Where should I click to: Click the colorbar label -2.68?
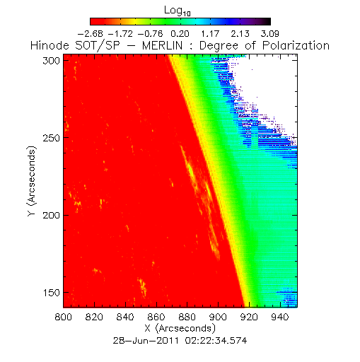pyautogui.click(x=91, y=34)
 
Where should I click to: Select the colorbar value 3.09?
pyautogui.click(x=270, y=34)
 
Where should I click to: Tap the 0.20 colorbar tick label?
pyautogui.click(x=180, y=34)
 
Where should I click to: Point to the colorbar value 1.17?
pyautogui.click(x=210, y=34)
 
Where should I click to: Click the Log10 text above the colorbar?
pyautogui.click(x=178, y=11)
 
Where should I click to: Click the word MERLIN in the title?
pyautogui.click(x=163, y=45)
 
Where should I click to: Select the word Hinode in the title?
pyautogui.click(x=50, y=45)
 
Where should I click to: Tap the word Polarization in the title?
pyautogui.click(x=296, y=45)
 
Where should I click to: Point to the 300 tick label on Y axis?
pyautogui.click(x=51, y=61)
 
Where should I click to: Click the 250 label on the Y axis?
pyautogui.click(x=51, y=138)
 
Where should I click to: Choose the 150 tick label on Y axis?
pyautogui.click(x=51, y=293)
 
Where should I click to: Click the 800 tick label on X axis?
pyautogui.click(x=64, y=317)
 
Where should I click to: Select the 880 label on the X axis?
pyautogui.click(x=187, y=317)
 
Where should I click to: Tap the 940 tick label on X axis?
pyautogui.click(x=280, y=317)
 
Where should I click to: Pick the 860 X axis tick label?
pyautogui.click(x=156, y=317)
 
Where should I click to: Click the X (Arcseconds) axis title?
pyautogui.click(x=180, y=329)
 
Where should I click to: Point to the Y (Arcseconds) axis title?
pyautogui.click(x=32, y=181)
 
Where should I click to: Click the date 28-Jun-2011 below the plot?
pyautogui.click(x=146, y=341)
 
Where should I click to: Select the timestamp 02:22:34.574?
pyautogui.click(x=216, y=341)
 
